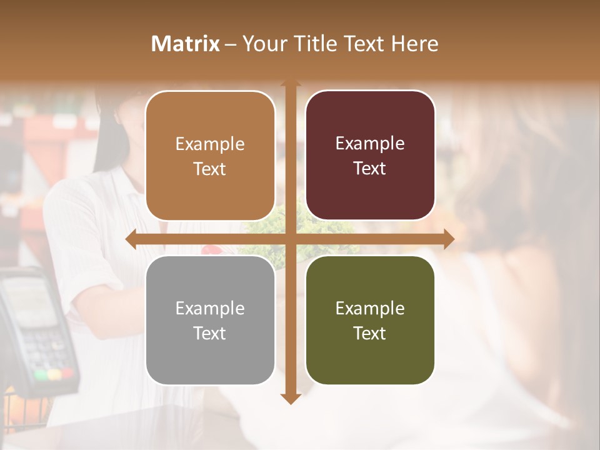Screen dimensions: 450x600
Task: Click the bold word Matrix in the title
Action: point(186,44)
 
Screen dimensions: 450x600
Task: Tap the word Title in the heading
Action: point(311,44)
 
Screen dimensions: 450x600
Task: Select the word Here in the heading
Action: point(414,44)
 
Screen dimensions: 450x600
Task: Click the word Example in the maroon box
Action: point(370,144)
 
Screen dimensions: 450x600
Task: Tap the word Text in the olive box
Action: point(370,333)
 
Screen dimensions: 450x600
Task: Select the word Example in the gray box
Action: point(210,308)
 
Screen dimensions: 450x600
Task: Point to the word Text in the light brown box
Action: point(210,169)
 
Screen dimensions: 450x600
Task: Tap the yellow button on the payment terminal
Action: point(54,374)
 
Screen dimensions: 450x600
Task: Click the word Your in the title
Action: point(260,44)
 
